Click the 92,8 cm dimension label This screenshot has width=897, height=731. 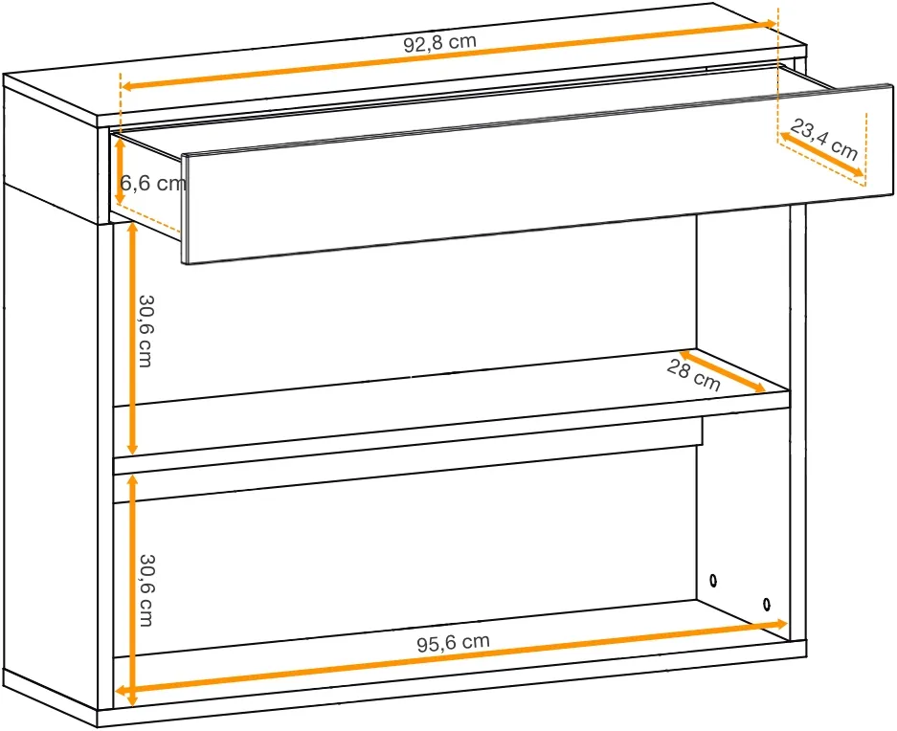[439, 43]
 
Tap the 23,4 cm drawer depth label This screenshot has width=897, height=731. [824, 140]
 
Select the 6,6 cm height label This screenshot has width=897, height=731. [153, 183]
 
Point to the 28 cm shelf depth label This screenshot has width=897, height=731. [693, 376]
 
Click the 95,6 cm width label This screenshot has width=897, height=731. [453, 642]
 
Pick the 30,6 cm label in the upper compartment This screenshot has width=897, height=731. [146, 331]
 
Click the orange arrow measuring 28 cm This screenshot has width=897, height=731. [722, 372]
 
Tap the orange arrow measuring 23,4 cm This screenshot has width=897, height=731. [821, 154]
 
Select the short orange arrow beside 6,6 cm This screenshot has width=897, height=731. [120, 171]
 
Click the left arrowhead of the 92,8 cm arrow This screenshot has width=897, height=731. [128, 86]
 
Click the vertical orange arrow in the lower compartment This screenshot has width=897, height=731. [132, 590]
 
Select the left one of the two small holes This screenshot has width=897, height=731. [713, 581]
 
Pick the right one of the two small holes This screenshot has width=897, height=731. [767, 604]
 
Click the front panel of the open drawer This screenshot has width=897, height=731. [538, 174]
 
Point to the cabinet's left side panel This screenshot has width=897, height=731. [51, 446]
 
